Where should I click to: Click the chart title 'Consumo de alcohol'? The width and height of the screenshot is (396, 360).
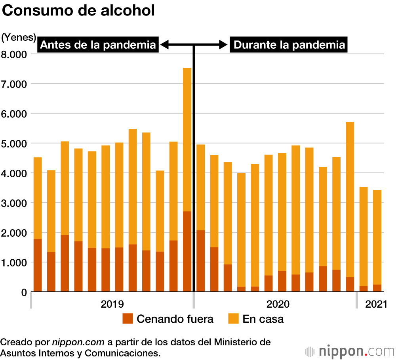point(78,11)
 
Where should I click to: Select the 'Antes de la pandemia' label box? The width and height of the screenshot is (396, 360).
point(98,45)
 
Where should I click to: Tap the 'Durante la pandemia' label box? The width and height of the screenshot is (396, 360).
point(289,45)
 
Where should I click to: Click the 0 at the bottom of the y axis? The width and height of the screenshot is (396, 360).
point(24,292)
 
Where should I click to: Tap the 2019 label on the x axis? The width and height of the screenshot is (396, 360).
point(112,304)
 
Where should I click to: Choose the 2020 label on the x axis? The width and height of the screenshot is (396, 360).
point(278,304)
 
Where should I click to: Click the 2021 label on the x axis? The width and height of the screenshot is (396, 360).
point(376,304)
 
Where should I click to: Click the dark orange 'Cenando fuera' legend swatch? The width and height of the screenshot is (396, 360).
point(128,318)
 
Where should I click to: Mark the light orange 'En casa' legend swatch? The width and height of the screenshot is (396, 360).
point(234,318)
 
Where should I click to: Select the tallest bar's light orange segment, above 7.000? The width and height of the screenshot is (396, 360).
point(187,139)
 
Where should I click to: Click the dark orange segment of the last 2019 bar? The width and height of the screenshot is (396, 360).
point(187,252)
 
